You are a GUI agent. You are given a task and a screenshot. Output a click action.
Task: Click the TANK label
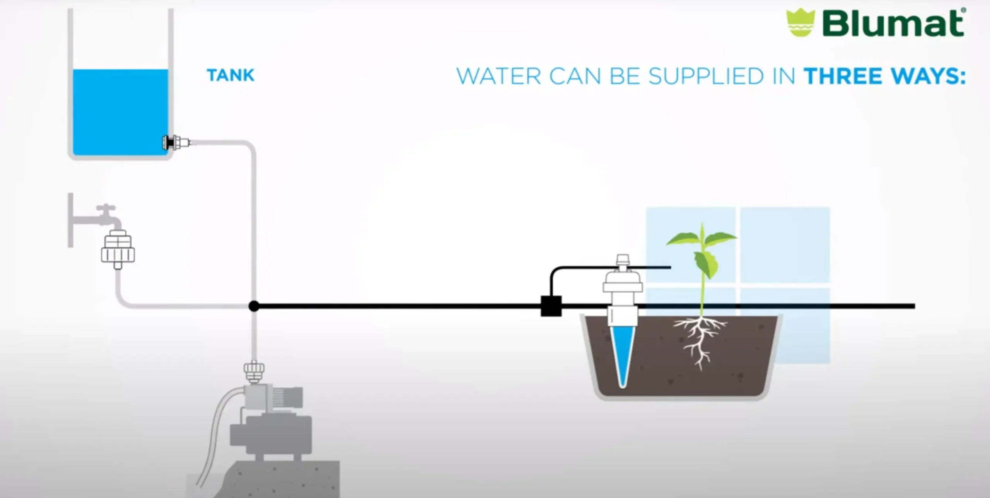(x=231, y=75)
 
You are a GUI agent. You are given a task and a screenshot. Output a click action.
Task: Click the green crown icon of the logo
(x=801, y=23)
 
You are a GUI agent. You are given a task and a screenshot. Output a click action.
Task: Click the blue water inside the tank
(x=121, y=112)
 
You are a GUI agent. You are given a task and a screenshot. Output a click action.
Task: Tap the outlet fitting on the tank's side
(x=176, y=143)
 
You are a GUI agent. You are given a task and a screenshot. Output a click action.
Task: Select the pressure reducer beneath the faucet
(x=118, y=249)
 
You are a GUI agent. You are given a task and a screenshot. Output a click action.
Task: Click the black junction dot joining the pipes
(x=254, y=306)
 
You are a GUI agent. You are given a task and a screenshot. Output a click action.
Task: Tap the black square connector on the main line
(x=551, y=306)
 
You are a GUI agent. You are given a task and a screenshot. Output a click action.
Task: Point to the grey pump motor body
(x=271, y=435)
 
